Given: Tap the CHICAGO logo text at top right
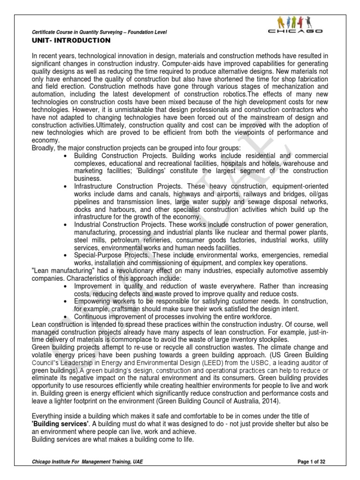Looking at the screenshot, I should click(296, 31).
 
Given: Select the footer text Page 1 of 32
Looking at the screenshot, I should click(311, 462).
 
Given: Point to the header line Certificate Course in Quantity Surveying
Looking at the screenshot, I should click(99, 32).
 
